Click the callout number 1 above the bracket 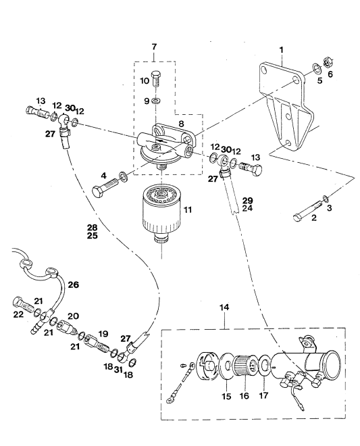click(x=281, y=50)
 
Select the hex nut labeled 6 click(x=327, y=63)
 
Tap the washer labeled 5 click(x=317, y=68)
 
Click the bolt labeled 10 click(x=157, y=79)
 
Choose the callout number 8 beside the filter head click(x=181, y=124)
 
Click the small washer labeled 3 click(x=326, y=198)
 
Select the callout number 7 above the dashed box click(x=154, y=47)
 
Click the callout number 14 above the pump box click(x=224, y=307)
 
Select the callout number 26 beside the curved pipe click(x=74, y=284)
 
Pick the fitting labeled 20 click(x=67, y=328)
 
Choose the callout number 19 click(x=103, y=334)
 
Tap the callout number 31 click(x=118, y=370)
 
